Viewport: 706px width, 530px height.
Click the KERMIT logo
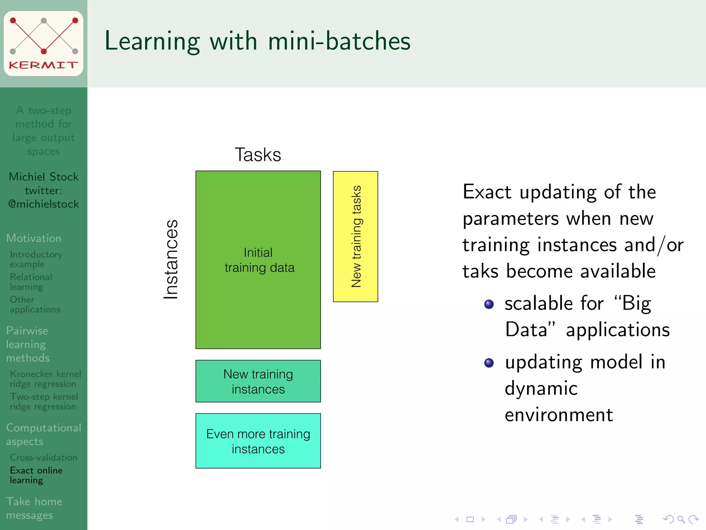tap(43, 43)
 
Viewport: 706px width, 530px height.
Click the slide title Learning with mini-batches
tap(257, 41)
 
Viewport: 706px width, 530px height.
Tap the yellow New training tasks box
tap(355, 237)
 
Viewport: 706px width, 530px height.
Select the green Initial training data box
tap(258, 260)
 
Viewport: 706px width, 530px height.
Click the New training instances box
tap(258, 381)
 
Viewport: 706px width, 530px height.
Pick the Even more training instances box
tap(258, 441)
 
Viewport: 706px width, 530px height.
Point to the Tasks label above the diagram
tap(258, 155)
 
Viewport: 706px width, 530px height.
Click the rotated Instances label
tap(171, 259)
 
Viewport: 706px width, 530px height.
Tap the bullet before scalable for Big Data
tap(489, 304)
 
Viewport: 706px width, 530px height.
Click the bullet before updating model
tap(489, 363)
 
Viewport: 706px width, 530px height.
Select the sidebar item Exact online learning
tap(36, 475)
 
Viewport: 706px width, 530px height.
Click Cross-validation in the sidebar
tap(43, 457)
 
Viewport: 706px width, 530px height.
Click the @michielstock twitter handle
tap(43, 204)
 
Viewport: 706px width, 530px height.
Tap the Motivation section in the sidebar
tap(34, 238)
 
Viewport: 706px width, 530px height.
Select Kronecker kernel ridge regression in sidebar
tap(45, 379)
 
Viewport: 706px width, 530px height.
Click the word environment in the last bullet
tap(558, 415)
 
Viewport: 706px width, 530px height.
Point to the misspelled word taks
tap(480, 271)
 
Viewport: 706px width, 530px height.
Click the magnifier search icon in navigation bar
tap(681, 519)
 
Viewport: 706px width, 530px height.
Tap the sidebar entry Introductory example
tap(36, 259)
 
